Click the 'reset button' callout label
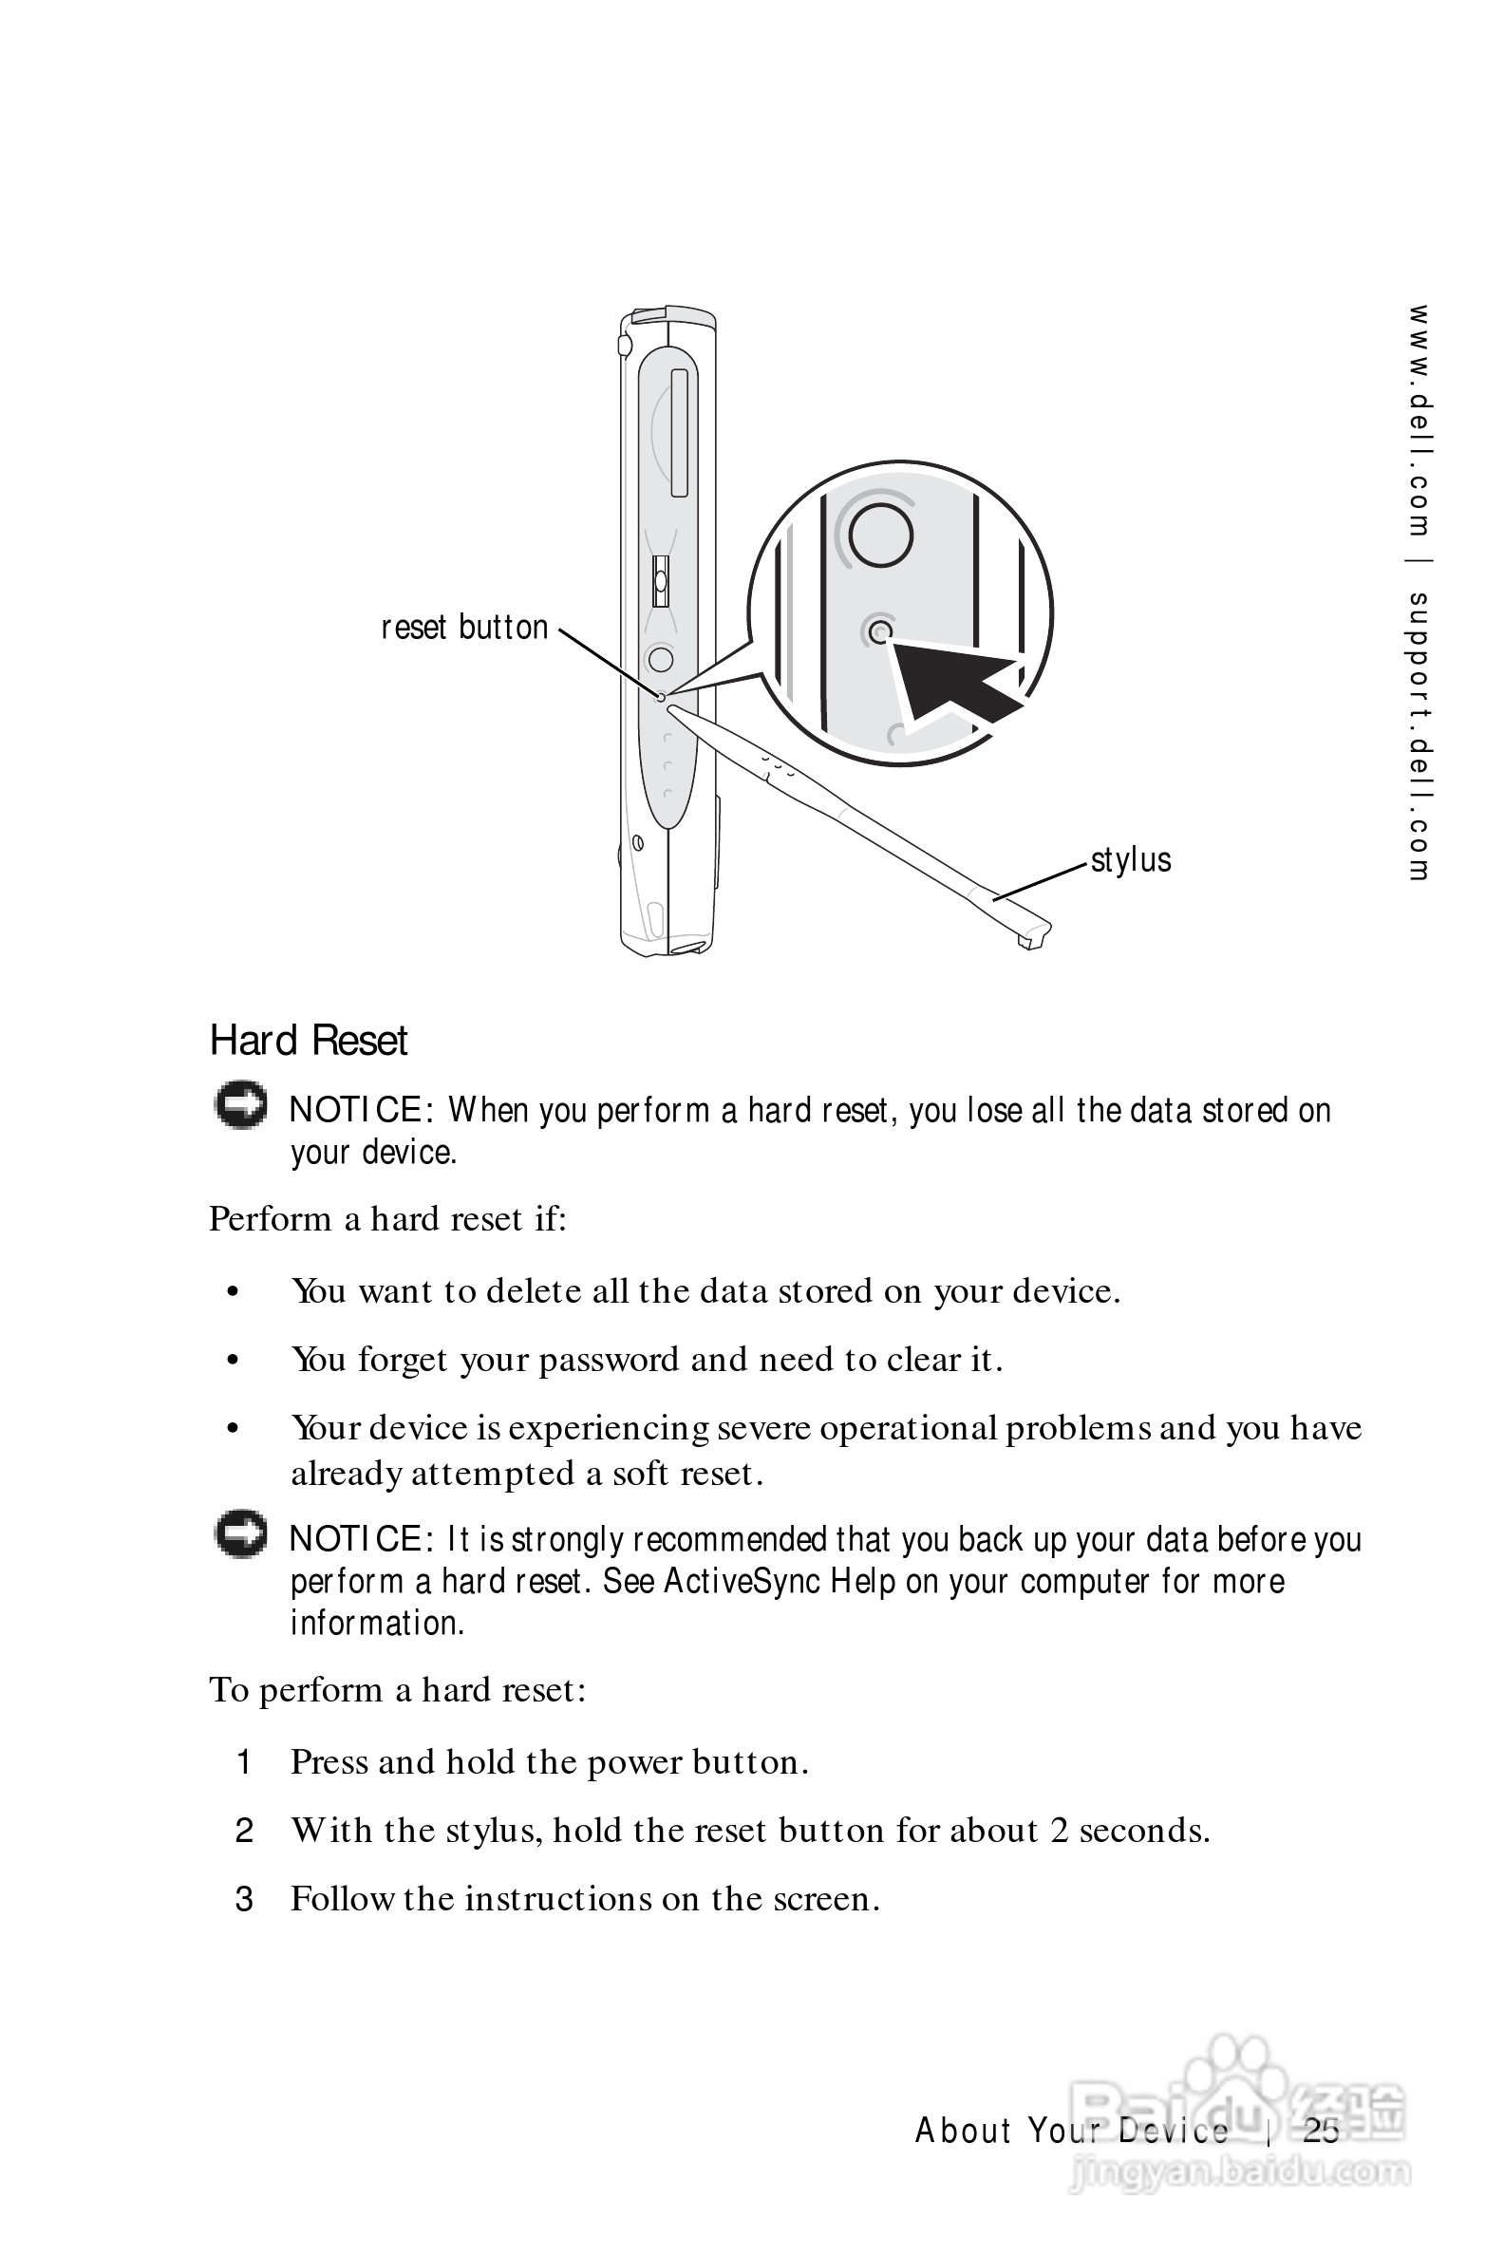(464, 628)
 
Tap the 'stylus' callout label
(1131, 859)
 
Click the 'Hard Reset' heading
(309, 1041)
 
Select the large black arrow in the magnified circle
(954, 680)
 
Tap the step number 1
(244, 1762)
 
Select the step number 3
(244, 1899)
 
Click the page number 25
(1321, 2131)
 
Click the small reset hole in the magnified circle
(880, 632)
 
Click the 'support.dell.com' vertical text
(1419, 736)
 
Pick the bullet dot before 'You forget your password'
(232, 1361)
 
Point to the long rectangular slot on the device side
(679, 434)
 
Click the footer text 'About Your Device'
(1071, 2131)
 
